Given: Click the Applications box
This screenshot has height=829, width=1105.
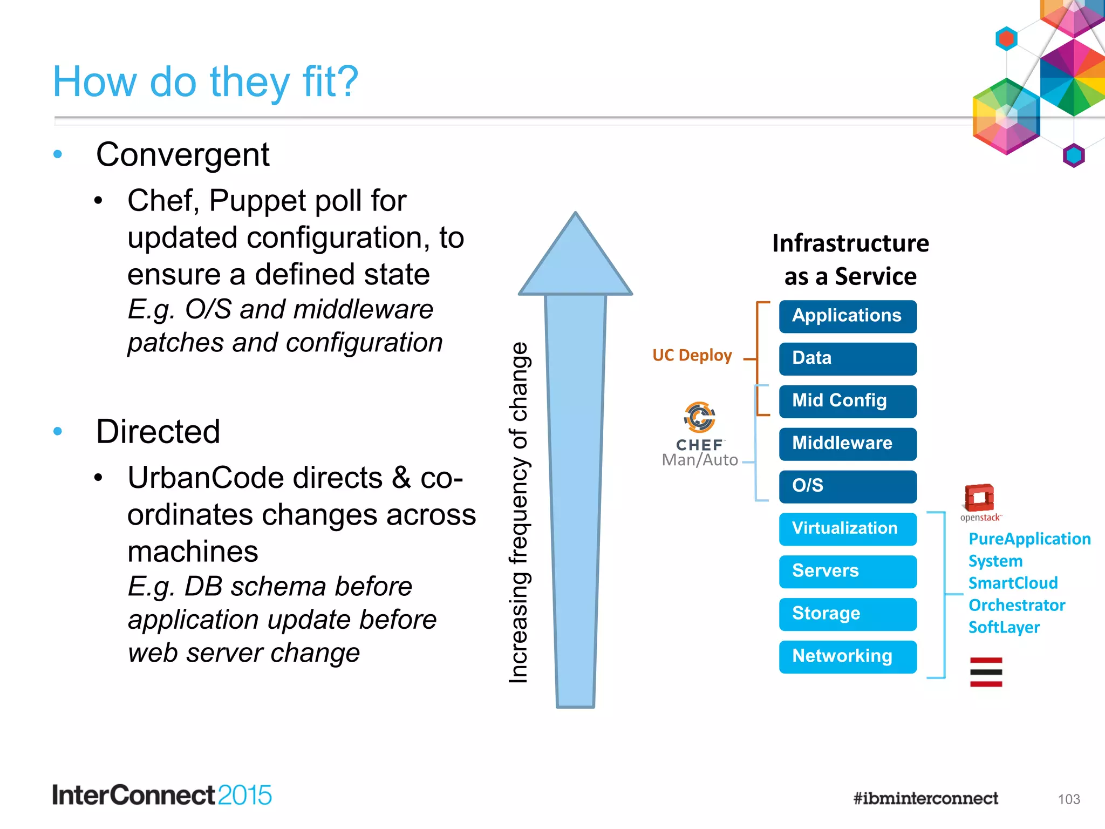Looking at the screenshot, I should click(847, 316).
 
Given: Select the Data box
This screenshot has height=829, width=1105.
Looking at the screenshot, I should click(847, 359).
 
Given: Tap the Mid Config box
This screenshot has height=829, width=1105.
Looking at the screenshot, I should click(847, 401).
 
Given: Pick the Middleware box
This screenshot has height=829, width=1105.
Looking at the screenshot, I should click(847, 444).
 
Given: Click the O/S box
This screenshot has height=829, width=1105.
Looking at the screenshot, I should click(847, 486).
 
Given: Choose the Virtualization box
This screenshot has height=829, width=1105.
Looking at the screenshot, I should click(847, 528).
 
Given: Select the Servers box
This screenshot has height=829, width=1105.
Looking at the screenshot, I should click(847, 571).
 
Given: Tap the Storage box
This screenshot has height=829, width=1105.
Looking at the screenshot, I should click(847, 614).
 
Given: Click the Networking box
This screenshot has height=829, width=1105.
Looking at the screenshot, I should click(847, 656).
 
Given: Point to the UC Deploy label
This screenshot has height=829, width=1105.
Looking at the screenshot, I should click(692, 355).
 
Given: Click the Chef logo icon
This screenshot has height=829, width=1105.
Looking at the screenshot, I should click(700, 417).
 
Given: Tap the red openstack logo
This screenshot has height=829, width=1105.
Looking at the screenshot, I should click(979, 498).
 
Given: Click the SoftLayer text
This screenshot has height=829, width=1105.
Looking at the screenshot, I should click(1004, 627).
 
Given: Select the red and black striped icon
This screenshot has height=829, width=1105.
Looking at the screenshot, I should click(986, 672).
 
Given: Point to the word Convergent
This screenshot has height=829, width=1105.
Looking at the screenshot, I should click(182, 155).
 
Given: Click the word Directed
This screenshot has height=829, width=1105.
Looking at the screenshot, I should click(158, 432).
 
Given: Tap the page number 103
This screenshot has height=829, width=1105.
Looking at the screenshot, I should click(1068, 799).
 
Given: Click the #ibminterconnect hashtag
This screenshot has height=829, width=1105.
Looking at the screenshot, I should click(925, 798).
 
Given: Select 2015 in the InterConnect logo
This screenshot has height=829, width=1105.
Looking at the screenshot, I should click(244, 796).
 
